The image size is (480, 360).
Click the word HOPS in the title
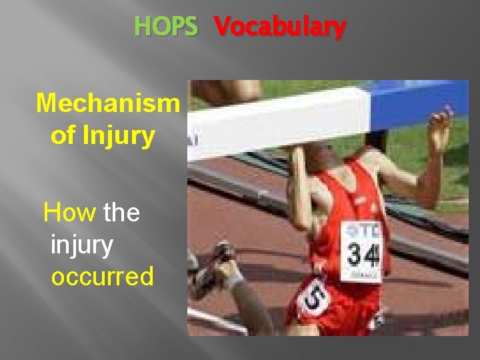pos(166,27)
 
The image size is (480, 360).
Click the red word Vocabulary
pos(280,27)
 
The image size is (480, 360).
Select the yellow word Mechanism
pos(108,103)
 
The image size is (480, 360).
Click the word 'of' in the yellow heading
pos(63,136)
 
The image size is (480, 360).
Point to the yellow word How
pos(69,213)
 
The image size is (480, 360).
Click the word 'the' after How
pos(122,213)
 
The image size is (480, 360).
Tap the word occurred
pos(102,275)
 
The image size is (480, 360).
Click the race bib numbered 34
pos(362,252)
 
